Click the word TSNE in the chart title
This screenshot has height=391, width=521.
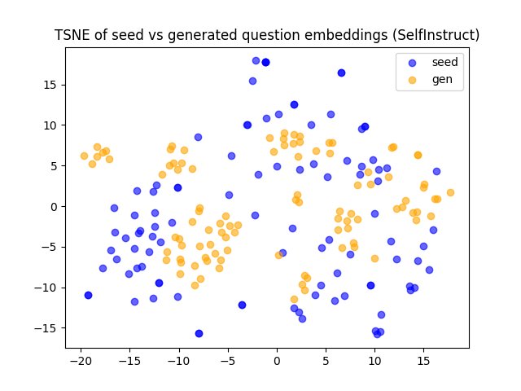[69, 36]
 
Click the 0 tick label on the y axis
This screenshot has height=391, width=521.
[56, 207]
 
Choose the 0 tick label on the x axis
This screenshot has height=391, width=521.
[277, 361]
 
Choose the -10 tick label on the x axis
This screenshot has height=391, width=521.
[178, 361]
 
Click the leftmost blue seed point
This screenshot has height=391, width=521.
[88, 295]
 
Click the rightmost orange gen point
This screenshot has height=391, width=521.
[450, 192]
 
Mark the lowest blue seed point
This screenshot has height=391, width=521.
[199, 333]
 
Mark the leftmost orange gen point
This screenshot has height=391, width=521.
[84, 156]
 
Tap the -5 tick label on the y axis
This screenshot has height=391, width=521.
[54, 248]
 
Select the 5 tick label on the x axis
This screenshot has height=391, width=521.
[326, 361]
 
